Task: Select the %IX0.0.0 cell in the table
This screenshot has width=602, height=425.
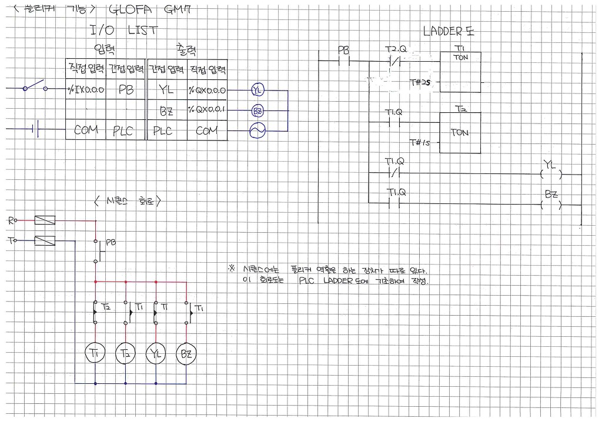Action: [x=86, y=91]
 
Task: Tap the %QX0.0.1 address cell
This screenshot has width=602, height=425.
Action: [x=207, y=111]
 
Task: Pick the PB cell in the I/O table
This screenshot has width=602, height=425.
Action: [x=126, y=91]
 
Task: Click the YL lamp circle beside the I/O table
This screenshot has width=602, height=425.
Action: [x=257, y=91]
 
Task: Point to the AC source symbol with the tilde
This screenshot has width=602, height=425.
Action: [x=257, y=131]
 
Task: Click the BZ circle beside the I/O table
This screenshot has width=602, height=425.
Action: [x=257, y=111]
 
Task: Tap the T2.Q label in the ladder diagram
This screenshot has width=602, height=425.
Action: [x=395, y=48]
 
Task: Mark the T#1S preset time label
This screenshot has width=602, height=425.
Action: [x=419, y=142]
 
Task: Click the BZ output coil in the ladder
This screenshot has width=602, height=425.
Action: [x=551, y=205]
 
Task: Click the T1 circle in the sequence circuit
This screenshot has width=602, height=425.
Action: [x=95, y=353]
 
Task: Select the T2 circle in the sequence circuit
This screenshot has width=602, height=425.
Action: [x=126, y=353]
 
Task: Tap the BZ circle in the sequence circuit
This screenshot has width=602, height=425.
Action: [x=186, y=353]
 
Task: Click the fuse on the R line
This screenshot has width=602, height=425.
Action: [x=45, y=220]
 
